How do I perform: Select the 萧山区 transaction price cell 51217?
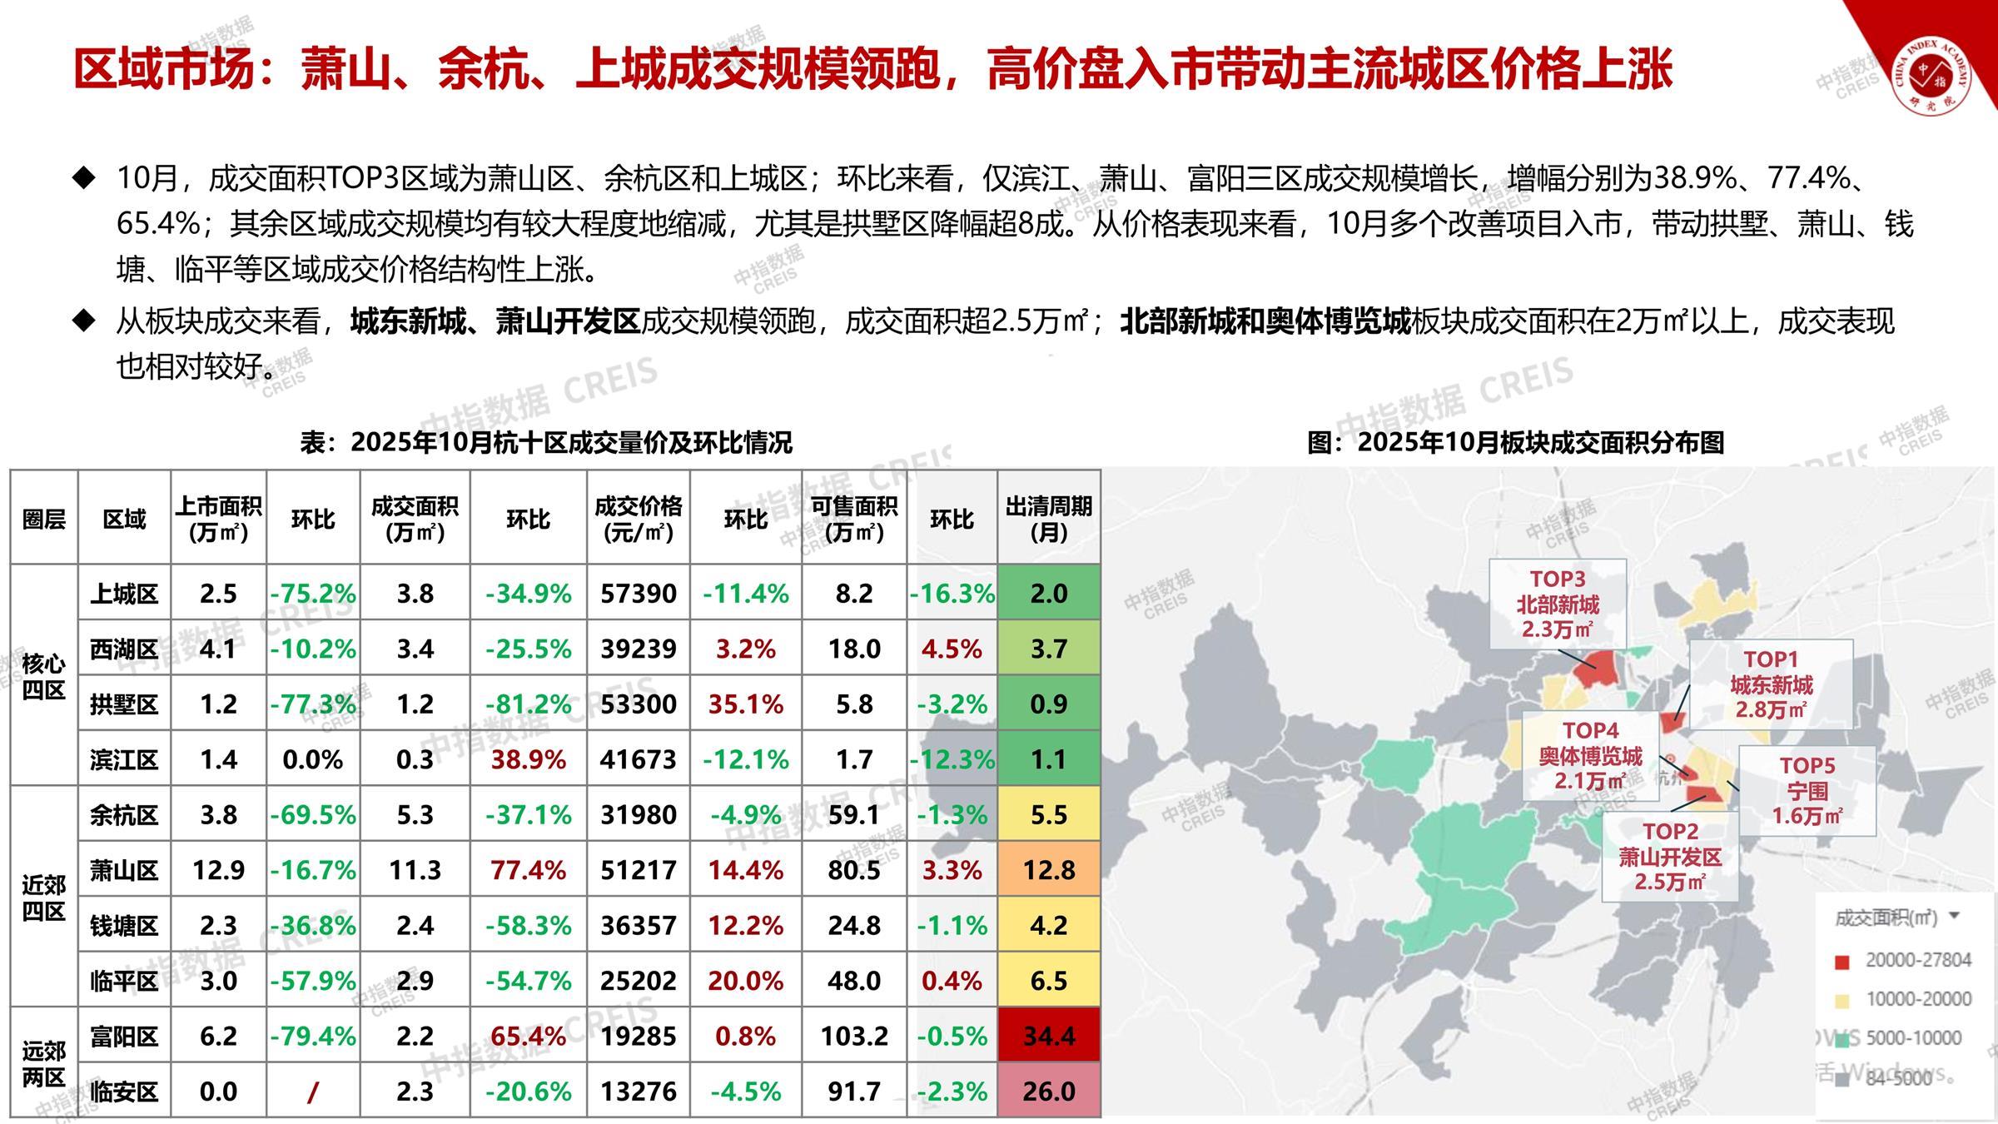click(638, 870)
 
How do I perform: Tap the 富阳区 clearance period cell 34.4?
click(1048, 1036)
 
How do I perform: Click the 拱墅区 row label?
click(124, 704)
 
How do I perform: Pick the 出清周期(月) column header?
click(1048, 519)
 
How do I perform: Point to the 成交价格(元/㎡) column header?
click(638, 519)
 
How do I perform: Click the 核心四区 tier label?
click(43, 676)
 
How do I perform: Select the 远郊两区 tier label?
click(43, 1063)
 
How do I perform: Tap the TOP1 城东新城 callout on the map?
click(1771, 684)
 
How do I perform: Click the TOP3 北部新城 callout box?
click(1557, 604)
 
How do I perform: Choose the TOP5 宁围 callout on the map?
click(1807, 790)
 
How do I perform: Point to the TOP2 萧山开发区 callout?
click(1670, 856)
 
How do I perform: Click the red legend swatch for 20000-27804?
click(1842, 962)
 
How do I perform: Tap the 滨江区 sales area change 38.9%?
click(528, 759)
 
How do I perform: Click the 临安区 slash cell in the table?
click(312, 1092)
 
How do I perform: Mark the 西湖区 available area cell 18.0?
click(853, 649)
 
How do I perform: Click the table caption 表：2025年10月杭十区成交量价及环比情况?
click(546, 442)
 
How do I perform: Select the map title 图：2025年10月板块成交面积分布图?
click(1515, 442)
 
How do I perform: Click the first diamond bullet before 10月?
click(84, 177)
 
